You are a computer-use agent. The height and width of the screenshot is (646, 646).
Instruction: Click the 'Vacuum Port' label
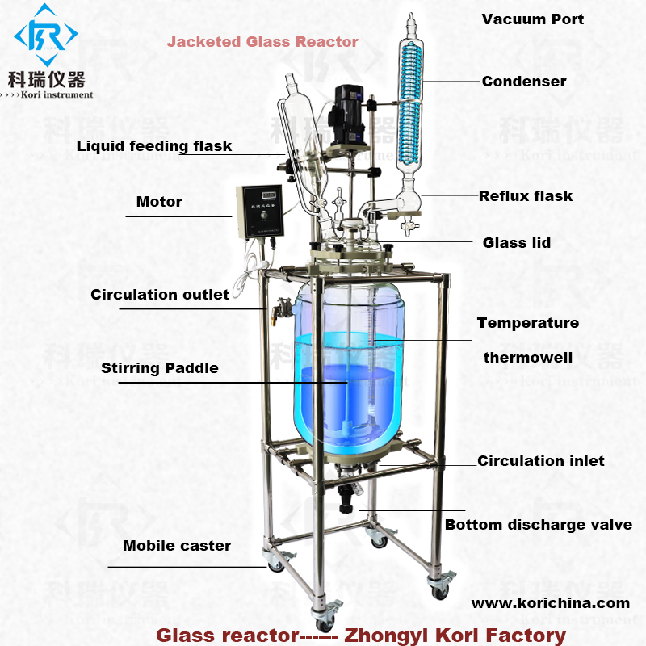click(x=532, y=19)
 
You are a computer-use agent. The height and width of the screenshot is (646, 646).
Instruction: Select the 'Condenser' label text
click(x=524, y=81)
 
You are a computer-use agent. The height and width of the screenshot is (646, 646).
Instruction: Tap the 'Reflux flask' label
click(x=526, y=195)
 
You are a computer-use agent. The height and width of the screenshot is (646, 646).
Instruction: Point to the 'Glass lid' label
click(x=517, y=242)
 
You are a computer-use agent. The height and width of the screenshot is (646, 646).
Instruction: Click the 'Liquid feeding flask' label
click(x=154, y=146)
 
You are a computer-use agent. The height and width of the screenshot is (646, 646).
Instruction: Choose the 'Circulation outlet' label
click(x=160, y=294)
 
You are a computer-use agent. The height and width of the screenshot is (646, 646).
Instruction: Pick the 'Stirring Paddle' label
click(x=160, y=368)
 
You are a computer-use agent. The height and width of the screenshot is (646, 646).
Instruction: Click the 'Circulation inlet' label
click(x=541, y=461)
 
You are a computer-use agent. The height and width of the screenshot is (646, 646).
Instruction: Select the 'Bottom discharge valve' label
click(x=539, y=525)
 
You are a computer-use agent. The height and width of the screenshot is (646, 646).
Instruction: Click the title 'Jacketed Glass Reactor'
click(x=262, y=41)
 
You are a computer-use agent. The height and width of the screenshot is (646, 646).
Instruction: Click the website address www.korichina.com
click(x=551, y=602)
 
